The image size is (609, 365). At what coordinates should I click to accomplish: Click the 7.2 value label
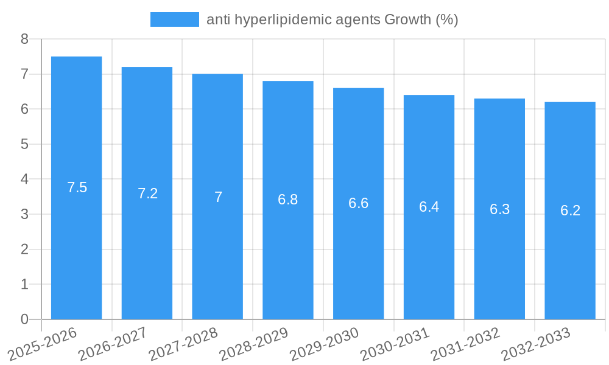click(147, 193)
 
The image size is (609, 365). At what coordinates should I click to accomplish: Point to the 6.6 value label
click(358, 203)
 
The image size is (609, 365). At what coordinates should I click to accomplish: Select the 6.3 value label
click(499, 209)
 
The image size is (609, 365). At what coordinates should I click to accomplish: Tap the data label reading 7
click(218, 197)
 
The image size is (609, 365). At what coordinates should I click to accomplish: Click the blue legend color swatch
click(174, 19)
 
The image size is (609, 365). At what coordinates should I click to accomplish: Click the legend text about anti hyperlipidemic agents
click(332, 19)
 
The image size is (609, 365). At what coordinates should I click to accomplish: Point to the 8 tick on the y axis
click(24, 40)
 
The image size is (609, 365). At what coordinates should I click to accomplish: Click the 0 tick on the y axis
click(24, 319)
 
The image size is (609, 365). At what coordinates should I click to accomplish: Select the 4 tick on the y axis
click(24, 179)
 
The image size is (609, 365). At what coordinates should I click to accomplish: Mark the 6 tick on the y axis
click(24, 109)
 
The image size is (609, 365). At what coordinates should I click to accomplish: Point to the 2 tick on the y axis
click(24, 249)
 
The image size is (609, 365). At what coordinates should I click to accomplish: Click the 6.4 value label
click(429, 207)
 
